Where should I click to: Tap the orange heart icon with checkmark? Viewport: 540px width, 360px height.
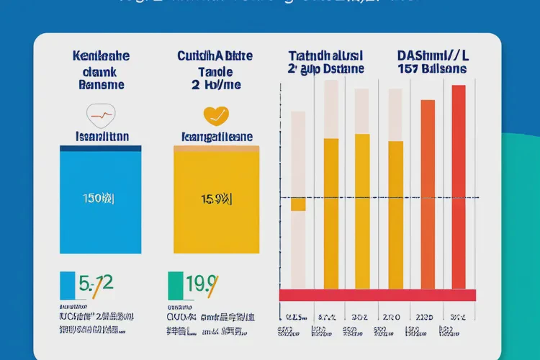point(215,114)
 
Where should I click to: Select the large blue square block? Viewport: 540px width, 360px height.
point(100,202)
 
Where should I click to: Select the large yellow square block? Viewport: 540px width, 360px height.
point(216,202)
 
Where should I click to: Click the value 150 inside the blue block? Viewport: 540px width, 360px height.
point(99,197)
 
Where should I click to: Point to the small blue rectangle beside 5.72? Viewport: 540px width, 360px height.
point(67,285)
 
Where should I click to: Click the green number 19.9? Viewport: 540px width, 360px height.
point(200,284)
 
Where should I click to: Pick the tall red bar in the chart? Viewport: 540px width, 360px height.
point(459,187)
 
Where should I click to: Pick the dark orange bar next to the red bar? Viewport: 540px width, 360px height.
point(428,194)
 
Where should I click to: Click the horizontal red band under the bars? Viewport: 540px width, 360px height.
point(377,294)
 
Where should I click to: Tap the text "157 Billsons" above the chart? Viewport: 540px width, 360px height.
point(431,69)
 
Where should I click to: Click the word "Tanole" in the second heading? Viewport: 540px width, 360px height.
point(215,72)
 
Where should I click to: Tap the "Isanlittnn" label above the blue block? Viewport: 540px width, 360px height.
point(100,135)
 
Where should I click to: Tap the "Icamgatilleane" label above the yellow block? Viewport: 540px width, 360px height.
point(215,135)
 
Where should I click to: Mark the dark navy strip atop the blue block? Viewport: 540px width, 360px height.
point(100,148)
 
